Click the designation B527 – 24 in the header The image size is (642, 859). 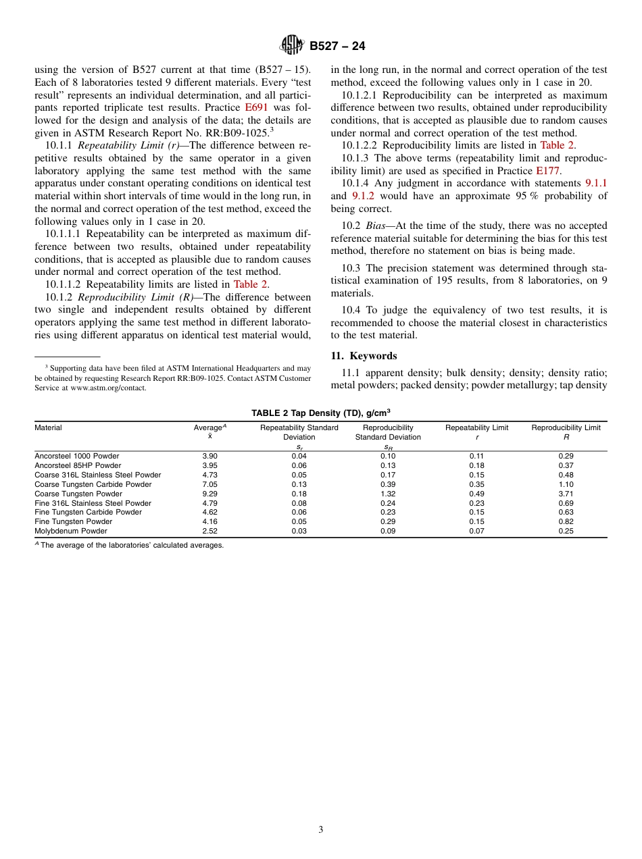(x=337, y=46)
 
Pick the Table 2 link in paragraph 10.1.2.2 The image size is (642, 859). (x=557, y=145)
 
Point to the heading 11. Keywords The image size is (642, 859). (x=364, y=356)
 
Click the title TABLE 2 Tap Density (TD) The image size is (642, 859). (x=320, y=413)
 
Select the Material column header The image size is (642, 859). (x=48, y=427)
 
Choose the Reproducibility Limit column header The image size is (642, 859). (x=566, y=427)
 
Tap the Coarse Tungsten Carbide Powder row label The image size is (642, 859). (x=93, y=484)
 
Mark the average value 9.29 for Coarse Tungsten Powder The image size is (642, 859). (x=209, y=494)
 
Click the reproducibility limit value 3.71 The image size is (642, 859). (x=566, y=494)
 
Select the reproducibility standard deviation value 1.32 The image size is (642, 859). (x=388, y=494)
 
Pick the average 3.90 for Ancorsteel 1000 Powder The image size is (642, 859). (x=209, y=456)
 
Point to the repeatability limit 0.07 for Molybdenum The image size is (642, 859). (x=476, y=531)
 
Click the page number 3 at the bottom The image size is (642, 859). (x=321, y=829)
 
